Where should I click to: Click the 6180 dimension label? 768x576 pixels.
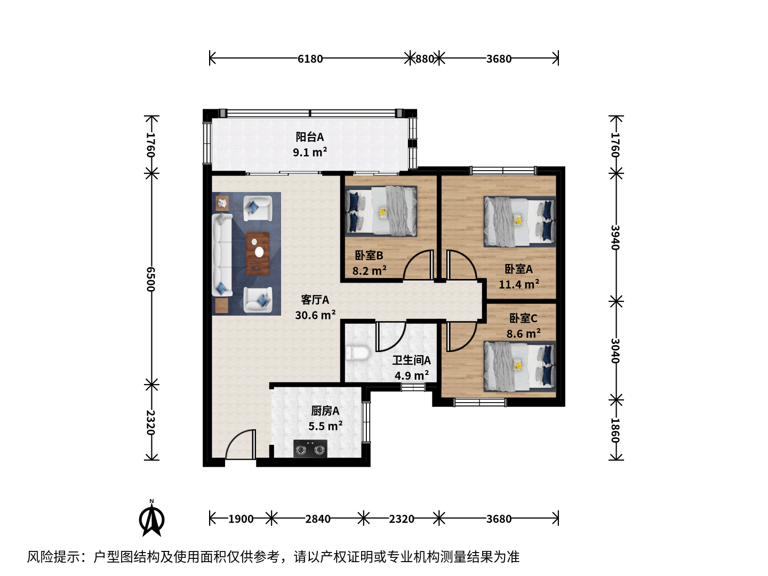point(310,59)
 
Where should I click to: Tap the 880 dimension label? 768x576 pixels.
point(425,59)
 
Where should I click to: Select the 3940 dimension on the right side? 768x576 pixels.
point(615,237)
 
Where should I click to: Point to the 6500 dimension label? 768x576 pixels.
point(150,279)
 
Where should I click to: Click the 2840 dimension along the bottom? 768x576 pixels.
point(318,518)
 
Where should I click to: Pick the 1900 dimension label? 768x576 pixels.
point(241,518)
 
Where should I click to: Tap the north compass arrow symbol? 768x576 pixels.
point(151,518)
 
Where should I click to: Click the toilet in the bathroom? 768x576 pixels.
point(357,353)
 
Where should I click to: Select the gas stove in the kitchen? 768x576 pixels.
point(310,449)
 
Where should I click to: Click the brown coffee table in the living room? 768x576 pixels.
point(258,253)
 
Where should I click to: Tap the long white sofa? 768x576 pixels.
point(222,255)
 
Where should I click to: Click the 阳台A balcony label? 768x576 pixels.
point(310,137)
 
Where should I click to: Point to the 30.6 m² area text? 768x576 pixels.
point(315,315)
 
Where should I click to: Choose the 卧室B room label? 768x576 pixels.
point(369,255)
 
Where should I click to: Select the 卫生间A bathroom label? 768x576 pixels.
point(411,360)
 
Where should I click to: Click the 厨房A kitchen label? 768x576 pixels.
point(325,411)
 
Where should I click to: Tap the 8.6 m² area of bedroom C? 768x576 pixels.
point(523,333)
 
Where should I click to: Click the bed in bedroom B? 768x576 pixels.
point(381,211)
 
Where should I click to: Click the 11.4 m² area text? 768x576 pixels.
point(519,284)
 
